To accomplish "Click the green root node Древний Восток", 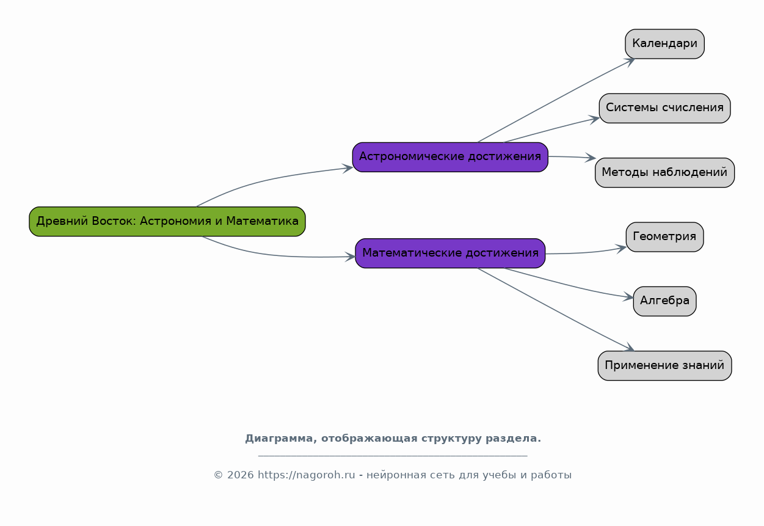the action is (x=167, y=221).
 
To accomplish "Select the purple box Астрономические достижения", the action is (x=450, y=157).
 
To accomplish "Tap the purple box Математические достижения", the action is (x=450, y=254).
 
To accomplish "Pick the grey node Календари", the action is (x=664, y=44).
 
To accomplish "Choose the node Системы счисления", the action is (x=664, y=109).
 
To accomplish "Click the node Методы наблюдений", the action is (x=664, y=173).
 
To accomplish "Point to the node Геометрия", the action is (x=664, y=237).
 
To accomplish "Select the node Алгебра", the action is (x=664, y=302).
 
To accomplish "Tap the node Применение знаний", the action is (x=664, y=366).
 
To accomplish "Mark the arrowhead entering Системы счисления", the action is (x=594, y=120).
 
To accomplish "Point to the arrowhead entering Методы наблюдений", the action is (x=591, y=158).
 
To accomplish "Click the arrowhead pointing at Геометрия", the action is (x=620, y=248).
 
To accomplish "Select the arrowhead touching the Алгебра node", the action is (x=628, y=297).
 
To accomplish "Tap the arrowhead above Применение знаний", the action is (x=629, y=347).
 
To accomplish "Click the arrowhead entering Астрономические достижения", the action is (x=347, y=168).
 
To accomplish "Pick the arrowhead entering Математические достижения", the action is (x=350, y=257).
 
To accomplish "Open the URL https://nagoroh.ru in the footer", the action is (x=307, y=475).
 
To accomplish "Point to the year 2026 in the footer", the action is (x=241, y=475).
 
